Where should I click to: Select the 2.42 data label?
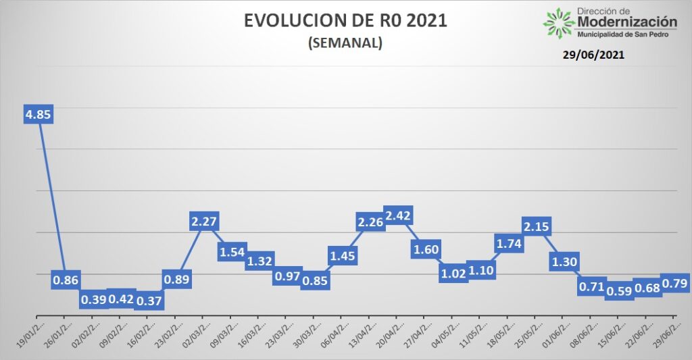click(x=398, y=216)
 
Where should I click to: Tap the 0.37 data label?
click(x=149, y=301)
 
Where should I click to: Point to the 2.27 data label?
click(x=204, y=222)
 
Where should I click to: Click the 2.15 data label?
click(x=537, y=227)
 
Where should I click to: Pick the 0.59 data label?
click(x=620, y=290)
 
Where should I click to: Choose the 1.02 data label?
click(x=453, y=274)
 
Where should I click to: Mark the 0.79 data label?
click(x=674, y=283)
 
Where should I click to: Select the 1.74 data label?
click(x=510, y=243)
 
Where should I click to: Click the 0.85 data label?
click(x=315, y=281)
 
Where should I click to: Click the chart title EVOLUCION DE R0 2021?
click(x=345, y=20)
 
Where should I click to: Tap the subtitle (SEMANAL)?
click(x=345, y=43)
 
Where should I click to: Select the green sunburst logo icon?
click(x=558, y=22)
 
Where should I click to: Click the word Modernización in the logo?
click(x=627, y=22)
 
